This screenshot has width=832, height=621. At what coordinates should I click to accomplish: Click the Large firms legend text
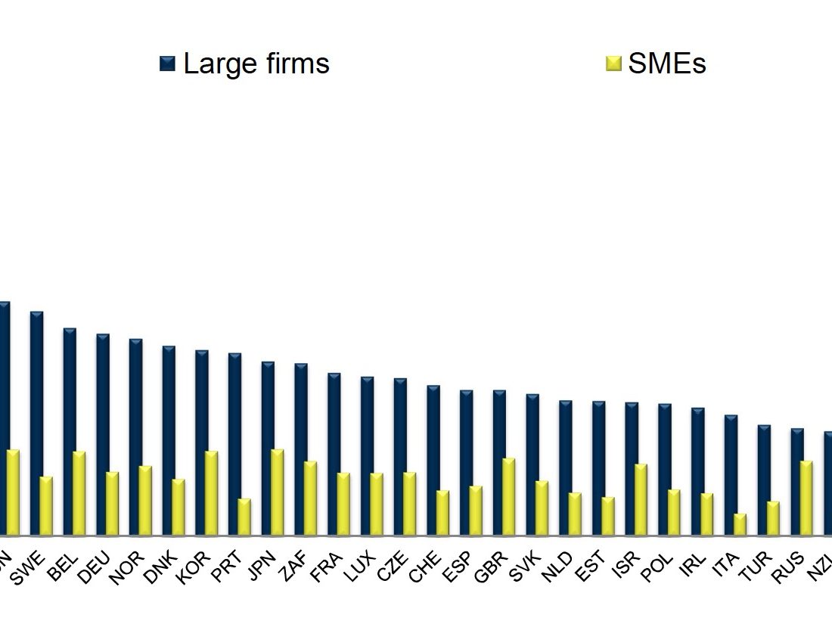click(256, 64)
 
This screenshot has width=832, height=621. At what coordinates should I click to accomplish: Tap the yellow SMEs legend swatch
click(613, 64)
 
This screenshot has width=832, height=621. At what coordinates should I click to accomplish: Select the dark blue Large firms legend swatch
click(167, 64)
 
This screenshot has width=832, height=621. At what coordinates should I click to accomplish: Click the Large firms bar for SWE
click(36, 423)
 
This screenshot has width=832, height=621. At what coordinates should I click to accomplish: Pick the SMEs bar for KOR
click(211, 493)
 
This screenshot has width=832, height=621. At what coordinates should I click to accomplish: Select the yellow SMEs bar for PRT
click(244, 517)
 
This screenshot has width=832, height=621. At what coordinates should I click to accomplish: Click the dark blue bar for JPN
click(268, 448)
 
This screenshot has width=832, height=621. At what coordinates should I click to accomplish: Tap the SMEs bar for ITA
click(740, 524)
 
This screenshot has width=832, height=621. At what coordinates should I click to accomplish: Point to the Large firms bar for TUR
click(764, 480)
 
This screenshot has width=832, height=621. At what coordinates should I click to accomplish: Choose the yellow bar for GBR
click(508, 496)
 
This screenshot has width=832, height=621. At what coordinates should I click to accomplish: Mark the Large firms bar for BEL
click(70, 431)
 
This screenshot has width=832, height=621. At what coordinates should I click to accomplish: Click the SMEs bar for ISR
click(641, 499)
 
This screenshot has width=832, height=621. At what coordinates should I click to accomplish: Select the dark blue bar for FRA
click(334, 454)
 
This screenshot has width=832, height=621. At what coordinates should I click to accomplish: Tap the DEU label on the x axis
click(95, 567)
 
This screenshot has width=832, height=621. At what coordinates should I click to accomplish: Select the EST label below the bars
click(590, 567)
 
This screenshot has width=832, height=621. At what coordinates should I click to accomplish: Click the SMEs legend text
click(666, 64)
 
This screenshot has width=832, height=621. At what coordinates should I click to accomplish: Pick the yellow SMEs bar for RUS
click(806, 498)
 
